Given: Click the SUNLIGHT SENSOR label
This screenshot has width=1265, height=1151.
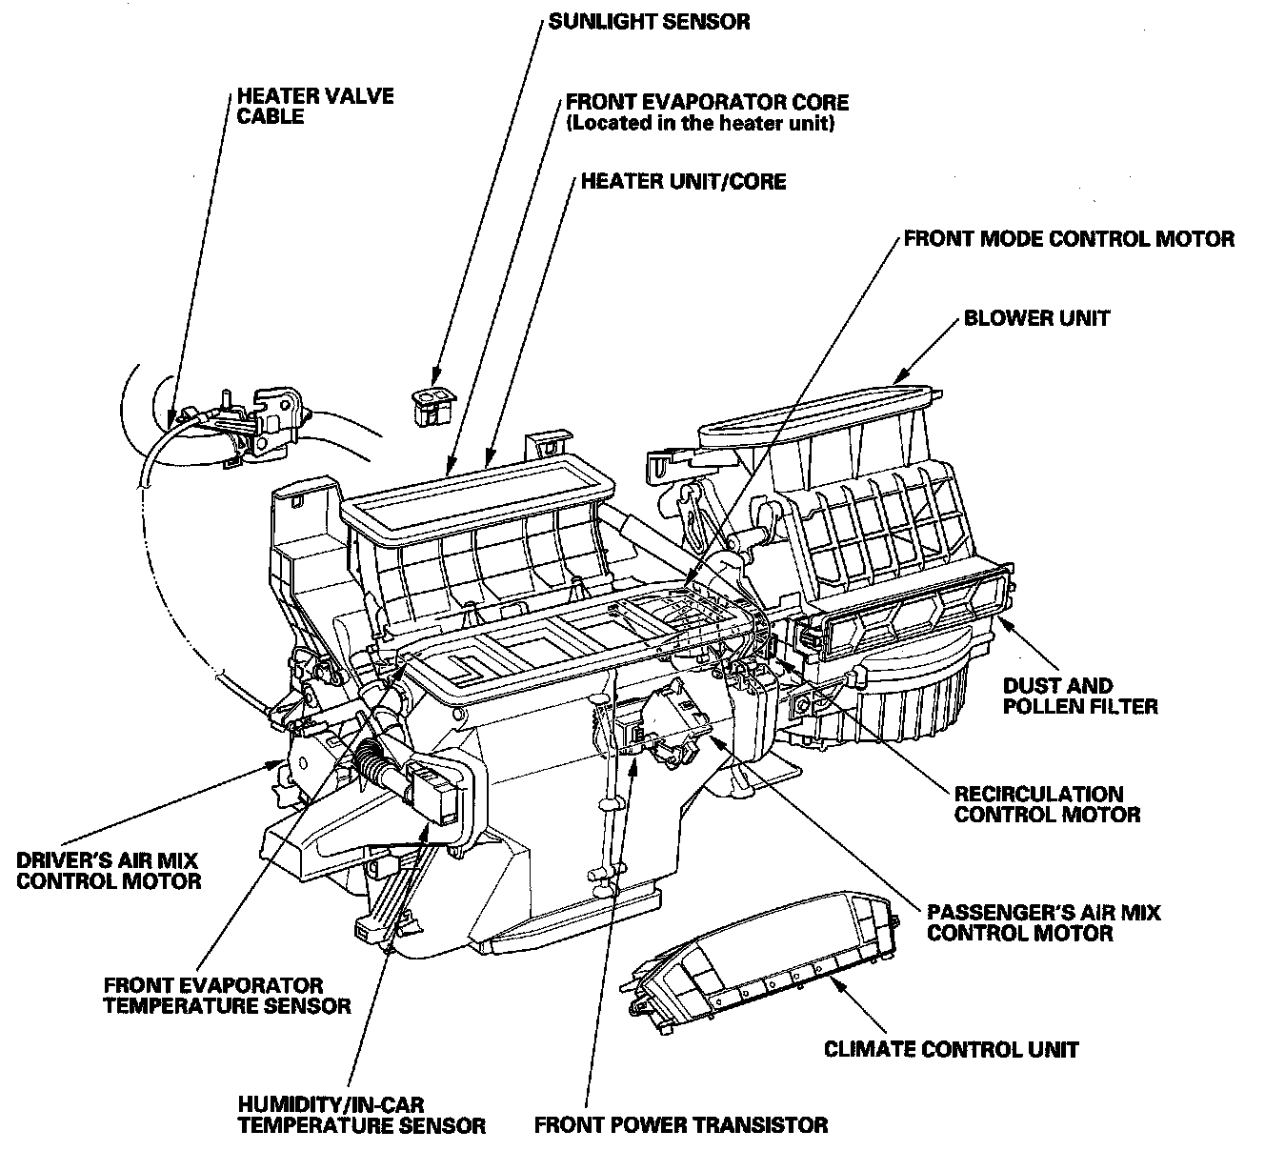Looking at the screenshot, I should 649,21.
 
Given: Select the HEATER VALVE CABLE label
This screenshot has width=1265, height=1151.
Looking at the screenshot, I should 314,106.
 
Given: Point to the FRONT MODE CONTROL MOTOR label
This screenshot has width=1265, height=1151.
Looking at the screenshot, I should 1068,238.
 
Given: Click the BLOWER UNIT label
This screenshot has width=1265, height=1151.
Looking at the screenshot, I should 1036,317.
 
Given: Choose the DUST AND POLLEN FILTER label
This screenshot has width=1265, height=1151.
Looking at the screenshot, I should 1080,696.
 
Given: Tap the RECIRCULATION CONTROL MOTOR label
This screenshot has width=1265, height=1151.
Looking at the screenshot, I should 1047,804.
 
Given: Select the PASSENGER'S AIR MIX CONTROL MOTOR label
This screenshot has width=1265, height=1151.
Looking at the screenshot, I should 1043,922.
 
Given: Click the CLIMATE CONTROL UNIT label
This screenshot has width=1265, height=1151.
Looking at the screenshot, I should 951,1049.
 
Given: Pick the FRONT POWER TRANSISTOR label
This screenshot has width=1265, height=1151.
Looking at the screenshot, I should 680,1125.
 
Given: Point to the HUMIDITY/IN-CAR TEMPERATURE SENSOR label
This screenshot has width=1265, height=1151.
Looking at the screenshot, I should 361,1115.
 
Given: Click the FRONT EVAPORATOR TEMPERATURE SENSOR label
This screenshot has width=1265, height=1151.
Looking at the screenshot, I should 227,995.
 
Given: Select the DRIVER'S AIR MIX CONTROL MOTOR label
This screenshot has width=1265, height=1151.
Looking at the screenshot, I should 109,870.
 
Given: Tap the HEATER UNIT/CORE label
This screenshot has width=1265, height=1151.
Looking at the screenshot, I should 683,181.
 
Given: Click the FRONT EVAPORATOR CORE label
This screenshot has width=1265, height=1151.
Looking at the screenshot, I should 706,101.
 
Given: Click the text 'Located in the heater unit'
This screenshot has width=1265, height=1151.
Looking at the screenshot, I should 699,124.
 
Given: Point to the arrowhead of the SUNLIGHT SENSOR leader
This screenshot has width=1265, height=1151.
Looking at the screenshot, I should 433,383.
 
